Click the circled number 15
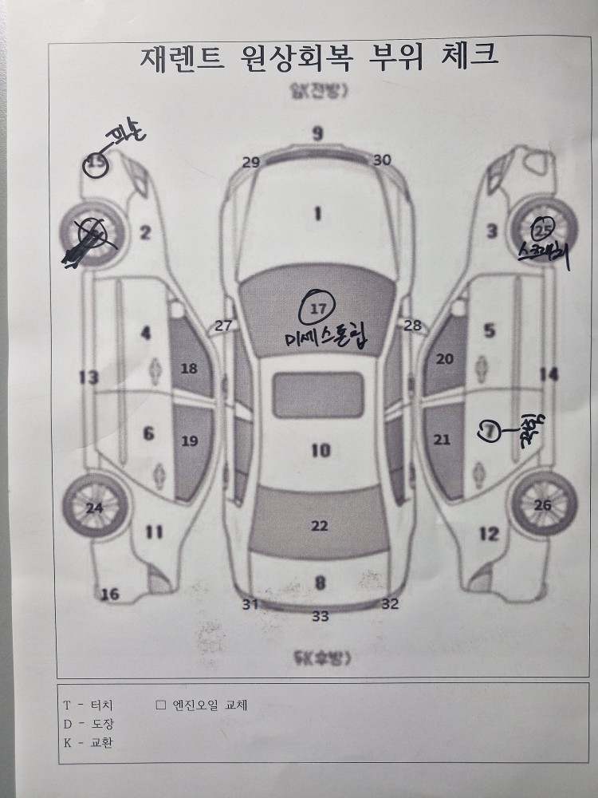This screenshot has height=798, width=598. [x=96, y=165]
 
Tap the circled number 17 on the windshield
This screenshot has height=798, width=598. [x=318, y=306]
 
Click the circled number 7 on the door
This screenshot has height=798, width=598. [x=489, y=431]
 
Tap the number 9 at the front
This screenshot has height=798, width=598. [x=317, y=132]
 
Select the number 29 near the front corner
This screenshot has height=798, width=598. [x=251, y=162]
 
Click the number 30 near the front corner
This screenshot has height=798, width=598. [x=382, y=160]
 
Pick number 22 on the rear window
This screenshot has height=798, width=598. [x=319, y=525]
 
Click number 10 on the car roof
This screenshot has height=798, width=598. [x=320, y=451]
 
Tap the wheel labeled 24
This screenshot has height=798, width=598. [x=94, y=508]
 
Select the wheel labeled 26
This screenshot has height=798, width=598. [x=543, y=504]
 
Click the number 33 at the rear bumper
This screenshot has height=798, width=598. [x=320, y=615]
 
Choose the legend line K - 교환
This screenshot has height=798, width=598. [x=88, y=743]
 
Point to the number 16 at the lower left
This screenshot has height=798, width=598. [x=110, y=594]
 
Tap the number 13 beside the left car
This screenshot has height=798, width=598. [x=89, y=377]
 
